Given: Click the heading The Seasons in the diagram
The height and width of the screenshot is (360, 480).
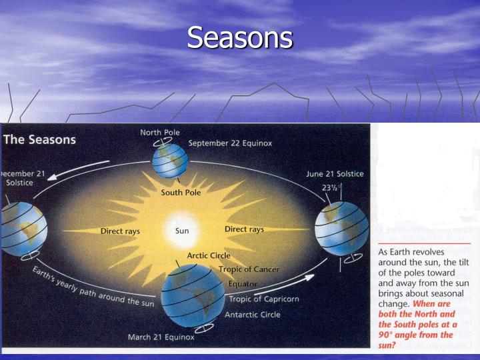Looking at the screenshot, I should (40, 141).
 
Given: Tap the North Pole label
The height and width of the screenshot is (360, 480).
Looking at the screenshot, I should (159, 132).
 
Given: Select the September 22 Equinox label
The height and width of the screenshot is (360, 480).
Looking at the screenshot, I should (230, 143).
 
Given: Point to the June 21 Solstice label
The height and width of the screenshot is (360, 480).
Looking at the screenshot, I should (335, 174).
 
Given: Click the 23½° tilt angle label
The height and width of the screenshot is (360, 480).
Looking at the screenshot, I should (331, 188).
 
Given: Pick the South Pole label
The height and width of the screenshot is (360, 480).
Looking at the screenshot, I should (181, 193).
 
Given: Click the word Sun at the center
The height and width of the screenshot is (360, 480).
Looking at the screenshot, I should (182, 231).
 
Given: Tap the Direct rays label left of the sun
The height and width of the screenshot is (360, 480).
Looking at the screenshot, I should (120, 231).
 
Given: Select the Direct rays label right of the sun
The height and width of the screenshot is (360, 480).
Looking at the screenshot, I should (244, 229).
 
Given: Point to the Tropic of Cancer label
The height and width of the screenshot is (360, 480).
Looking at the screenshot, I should (249, 269).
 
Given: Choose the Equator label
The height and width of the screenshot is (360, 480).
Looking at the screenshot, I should (243, 284).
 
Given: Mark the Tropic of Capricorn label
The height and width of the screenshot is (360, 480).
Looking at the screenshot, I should (264, 299).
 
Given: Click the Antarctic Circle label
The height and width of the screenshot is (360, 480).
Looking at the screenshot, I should (253, 315).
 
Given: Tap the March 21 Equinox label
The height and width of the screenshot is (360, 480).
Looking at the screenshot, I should (161, 337).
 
